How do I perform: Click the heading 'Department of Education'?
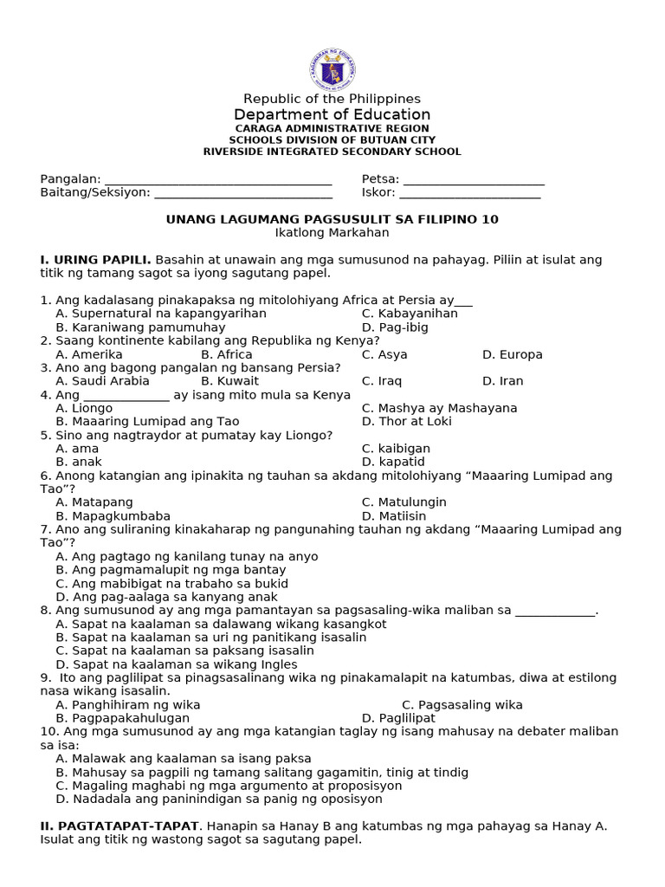(x=332, y=114)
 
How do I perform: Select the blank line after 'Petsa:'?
(x=474, y=180)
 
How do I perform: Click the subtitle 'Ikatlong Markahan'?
(x=332, y=233)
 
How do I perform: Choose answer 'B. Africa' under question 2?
(x=227, y=354)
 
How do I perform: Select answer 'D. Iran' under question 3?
(x=502, y=381)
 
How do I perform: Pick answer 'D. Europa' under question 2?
(x=512, y=354)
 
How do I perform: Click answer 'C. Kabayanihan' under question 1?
(x=410, y=314)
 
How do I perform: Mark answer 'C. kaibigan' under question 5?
(x=396, y=449)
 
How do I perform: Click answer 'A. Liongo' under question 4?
(x=84, y=408)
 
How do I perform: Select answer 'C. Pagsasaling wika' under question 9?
(x=462, y=705)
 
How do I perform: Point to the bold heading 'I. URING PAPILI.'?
(x=96, y=260)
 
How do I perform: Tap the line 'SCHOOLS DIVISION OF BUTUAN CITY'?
(x=332, y=139)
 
